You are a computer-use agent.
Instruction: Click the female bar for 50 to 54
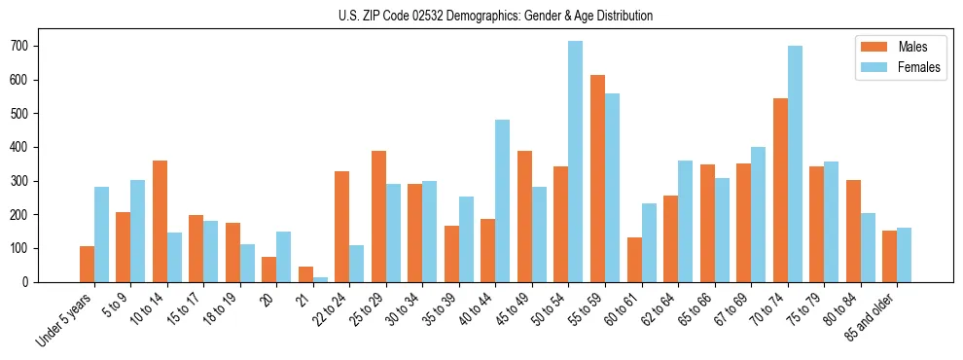(x=576, y=162)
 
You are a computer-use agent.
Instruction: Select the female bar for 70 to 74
(x=795, y=163)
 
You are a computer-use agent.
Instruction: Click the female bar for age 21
(x=320, y=279)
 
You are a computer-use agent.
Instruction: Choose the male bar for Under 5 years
(x=87, y=264)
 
